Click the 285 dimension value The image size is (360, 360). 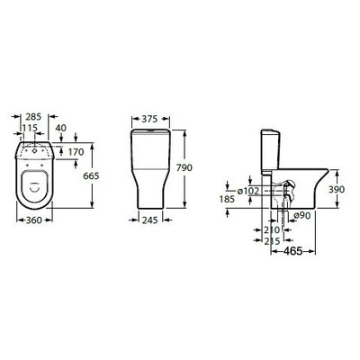pyautogui.click(x=33, y=117)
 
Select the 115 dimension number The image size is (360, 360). pyautogui.click(x=30, y=128)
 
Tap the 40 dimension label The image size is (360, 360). pyautogui.click(x=61, y=128)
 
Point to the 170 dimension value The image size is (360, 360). pyautogui.click(x=76, y=152)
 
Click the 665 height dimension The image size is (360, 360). pyautogui.click(x=91, y=175)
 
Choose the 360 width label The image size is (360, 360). pyautogui.click(x=34, y=220)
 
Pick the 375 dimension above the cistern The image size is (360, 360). pyautogui.click(x=149, y=119)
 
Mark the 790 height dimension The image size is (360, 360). pyautogui.click(x=184, y=167)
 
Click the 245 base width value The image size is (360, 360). pyautogui.click(x=149, y=220)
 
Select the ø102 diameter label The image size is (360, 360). pyautogui.click(x=247, y=191)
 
